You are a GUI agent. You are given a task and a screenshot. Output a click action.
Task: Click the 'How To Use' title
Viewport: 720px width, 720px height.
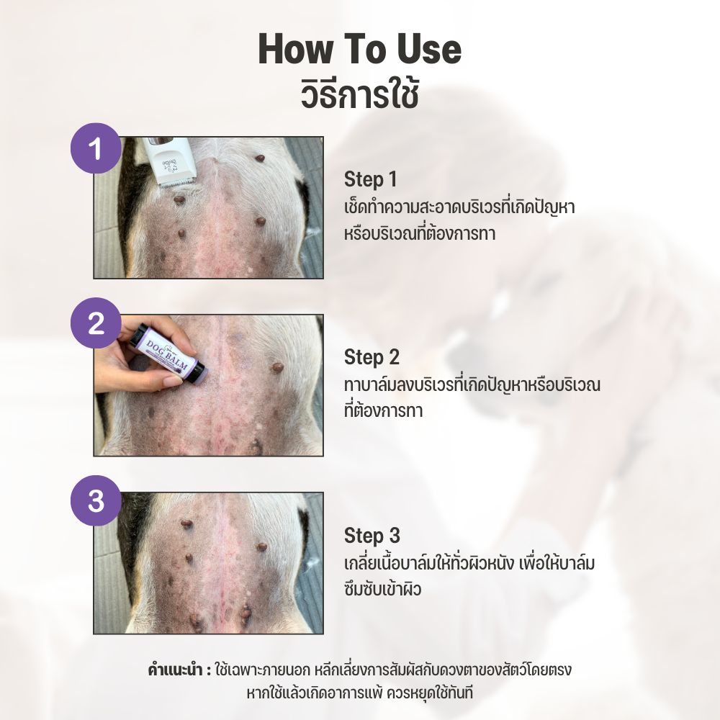click(359, 49)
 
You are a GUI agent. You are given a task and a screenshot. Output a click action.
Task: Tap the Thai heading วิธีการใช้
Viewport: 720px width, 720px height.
click(359, 94)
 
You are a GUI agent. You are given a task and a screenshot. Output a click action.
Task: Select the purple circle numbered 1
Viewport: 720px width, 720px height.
click(96, 148)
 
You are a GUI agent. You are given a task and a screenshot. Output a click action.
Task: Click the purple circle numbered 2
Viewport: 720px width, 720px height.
click(96, 323)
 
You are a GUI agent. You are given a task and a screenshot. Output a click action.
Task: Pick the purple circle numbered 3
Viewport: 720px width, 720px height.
click(96, 500)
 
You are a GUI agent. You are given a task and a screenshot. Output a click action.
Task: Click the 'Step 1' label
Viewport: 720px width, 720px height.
click(370, 179)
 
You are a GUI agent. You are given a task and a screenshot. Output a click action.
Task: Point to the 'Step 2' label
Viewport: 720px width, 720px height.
click(372, 357)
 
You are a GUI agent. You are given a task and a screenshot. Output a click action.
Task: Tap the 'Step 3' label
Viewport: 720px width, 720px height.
click(372, 536)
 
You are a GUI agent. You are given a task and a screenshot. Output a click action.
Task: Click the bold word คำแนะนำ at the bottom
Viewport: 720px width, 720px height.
click(175, 670)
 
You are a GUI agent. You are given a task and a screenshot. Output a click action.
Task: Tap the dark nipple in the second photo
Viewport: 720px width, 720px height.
click(276, 367)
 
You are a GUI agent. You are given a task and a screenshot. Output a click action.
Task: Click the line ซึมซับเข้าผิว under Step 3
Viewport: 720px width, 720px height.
click(382, 588)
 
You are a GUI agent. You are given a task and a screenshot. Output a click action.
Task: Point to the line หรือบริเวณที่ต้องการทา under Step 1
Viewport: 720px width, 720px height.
click(420, 233)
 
